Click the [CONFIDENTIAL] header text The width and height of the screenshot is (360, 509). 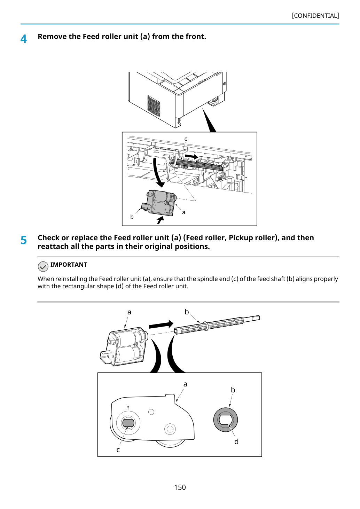pos(315,16)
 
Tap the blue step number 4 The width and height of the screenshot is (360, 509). pos(23,39)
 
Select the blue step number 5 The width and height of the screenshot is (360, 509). pos(24,240)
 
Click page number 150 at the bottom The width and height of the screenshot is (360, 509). pos(180,487)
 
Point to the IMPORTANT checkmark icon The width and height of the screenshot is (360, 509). pos(43,266)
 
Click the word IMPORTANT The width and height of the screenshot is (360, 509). pos(69,265)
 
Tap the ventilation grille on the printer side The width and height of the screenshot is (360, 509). pos(154,105)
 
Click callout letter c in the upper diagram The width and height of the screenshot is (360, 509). pos(186,139)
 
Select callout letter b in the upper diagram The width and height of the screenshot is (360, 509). pos(132,217)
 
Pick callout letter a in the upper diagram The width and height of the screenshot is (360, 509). pos(183,212)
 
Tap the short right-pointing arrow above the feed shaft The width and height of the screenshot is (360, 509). pos(191,156)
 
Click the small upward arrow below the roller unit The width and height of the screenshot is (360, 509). pos(161,220)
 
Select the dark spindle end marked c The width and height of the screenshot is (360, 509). pos(128,423)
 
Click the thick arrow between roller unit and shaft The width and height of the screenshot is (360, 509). pos(161,324)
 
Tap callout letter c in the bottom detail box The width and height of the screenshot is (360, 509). pos(118,450)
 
